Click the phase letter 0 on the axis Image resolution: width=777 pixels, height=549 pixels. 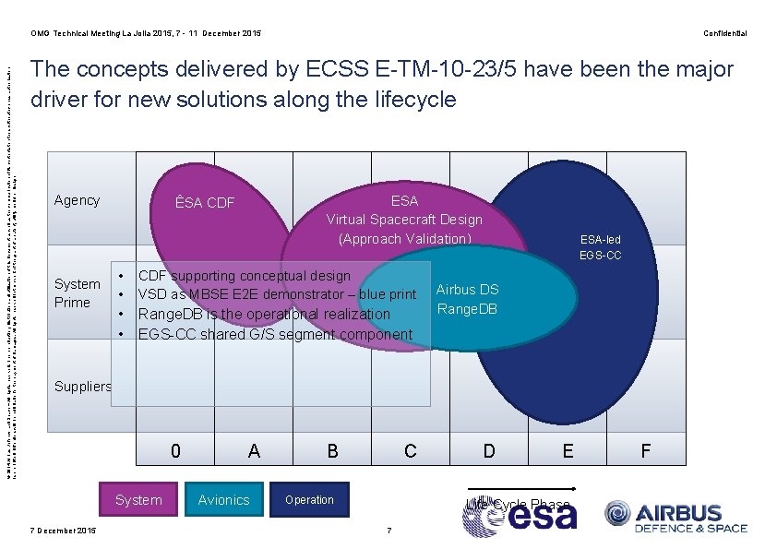pos(176,451)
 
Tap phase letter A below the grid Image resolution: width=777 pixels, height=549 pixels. pos(254,451)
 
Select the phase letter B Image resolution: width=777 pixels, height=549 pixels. pos(332,451)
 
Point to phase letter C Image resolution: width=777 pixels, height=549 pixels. pos(411,451)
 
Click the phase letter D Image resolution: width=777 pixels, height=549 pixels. pos(489,451)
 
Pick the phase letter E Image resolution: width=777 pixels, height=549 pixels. pos(568,451)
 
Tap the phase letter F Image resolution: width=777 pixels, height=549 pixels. pos(646,451)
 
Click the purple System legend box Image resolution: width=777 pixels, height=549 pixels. pos(137,499)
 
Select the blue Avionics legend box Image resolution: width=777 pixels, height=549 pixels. pos(223,499)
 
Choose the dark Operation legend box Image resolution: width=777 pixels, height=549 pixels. pos(309,499)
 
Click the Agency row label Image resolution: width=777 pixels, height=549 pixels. pos(77,200)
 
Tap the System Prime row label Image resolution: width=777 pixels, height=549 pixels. pos(77,293)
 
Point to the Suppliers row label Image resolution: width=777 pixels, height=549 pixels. pos(82,387)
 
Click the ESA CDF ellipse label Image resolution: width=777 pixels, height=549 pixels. pos(205,203)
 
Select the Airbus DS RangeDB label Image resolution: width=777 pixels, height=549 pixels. pos(467,299)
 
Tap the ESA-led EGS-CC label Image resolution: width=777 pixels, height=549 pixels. pos(600,246)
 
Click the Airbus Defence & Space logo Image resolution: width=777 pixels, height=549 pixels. pos(675,517)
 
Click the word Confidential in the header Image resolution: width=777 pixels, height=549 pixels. pos(724,33)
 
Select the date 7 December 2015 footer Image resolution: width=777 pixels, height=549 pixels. pos(63,530)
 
